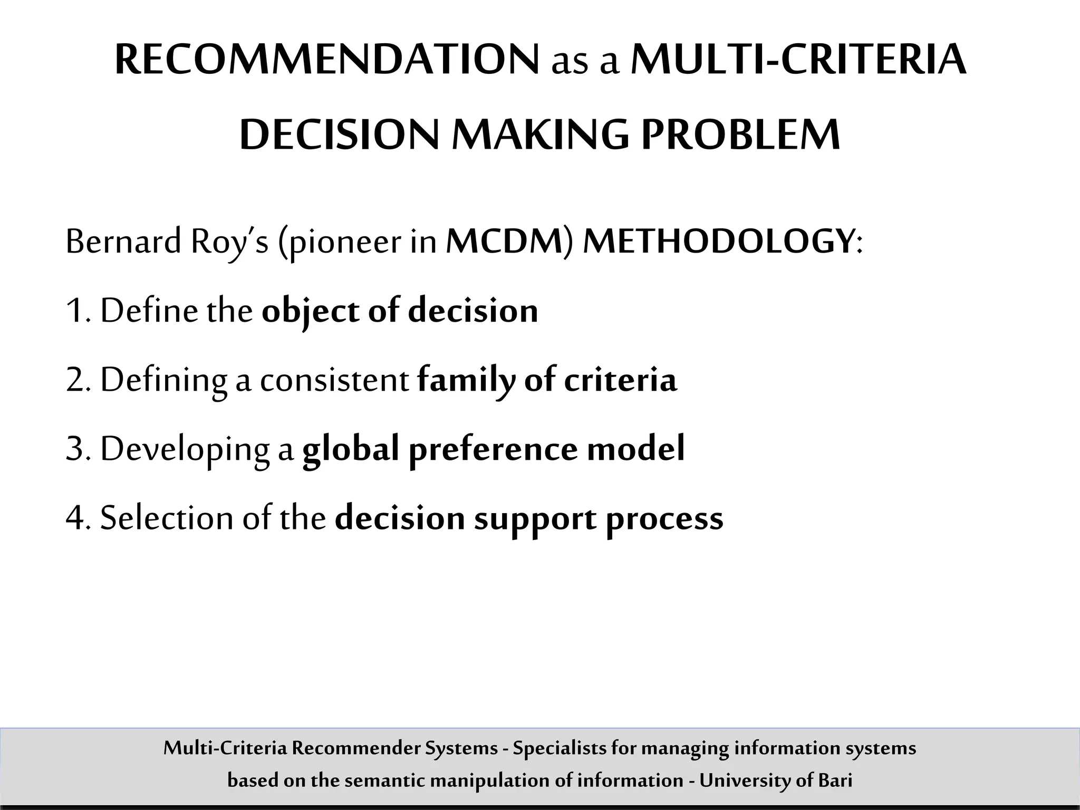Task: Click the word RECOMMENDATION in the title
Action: click(x=327, y=60)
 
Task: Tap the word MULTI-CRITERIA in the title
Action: click(x=798, y=60)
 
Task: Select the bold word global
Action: click(x=351, y=449)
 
